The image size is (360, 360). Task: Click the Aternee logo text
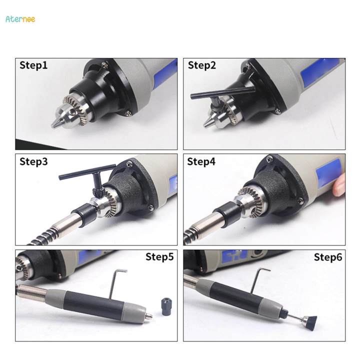tap(20, 19)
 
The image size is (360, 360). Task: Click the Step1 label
tap(33, 65)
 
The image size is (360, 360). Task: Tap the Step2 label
tap(201, 65)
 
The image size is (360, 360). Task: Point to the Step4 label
tap(202, 161)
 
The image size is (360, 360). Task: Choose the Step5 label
tap(159, 257)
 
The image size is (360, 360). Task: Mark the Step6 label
tap(328, 257)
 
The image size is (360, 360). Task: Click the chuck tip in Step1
tap(55, 123)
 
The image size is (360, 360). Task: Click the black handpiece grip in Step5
tap(100, 304)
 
